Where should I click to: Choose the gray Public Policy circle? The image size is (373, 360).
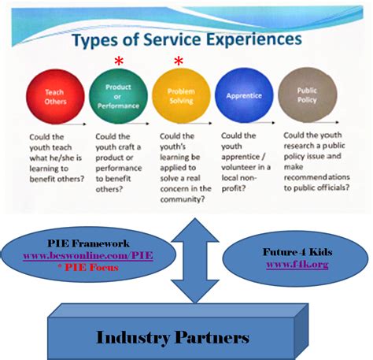click(x=307, y=98)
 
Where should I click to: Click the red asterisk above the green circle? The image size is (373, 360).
click(x=119, y=61)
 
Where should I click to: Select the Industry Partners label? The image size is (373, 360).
click(x=172, y=337)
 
